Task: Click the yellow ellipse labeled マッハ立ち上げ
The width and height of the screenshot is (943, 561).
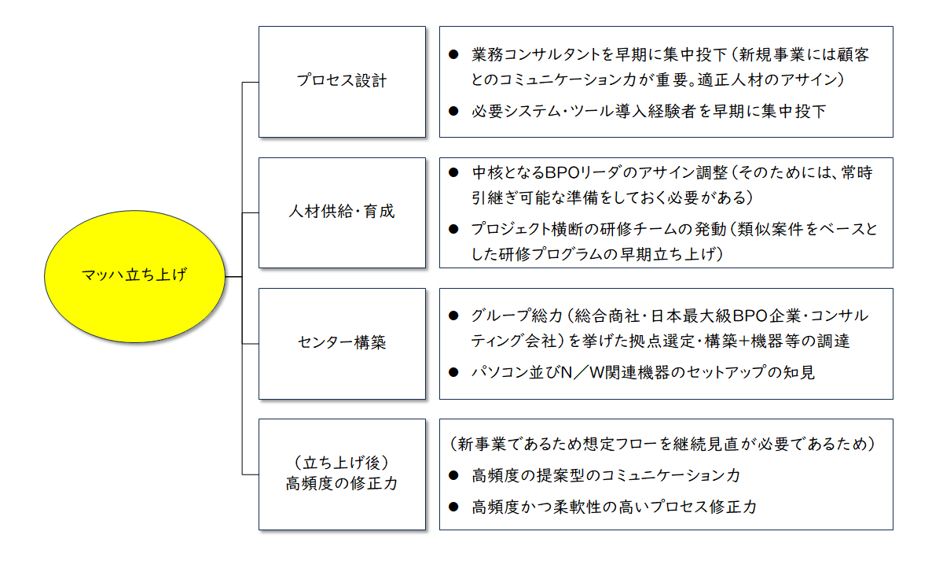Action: point(134,276)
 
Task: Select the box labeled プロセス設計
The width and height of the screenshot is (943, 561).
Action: point(342,82)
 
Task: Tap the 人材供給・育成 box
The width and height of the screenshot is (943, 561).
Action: point(342,213)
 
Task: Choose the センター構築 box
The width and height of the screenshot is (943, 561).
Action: point(342,344)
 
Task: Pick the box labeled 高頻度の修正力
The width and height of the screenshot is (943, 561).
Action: point(342,474)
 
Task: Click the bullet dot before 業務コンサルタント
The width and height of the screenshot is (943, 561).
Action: point(453,54)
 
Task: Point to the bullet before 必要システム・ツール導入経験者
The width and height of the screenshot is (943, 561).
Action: point(453,111)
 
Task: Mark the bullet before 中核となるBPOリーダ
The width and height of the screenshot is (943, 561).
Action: point(453,172)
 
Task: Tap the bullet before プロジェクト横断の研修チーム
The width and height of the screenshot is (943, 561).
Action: point(453,229)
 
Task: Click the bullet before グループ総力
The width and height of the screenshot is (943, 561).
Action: point(453,316)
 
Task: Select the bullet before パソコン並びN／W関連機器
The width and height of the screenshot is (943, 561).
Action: point(453,372)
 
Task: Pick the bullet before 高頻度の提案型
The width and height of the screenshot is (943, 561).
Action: point(453,475)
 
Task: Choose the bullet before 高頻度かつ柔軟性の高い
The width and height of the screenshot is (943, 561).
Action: point(453,507)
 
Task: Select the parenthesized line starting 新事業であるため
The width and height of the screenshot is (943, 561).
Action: point(662,445)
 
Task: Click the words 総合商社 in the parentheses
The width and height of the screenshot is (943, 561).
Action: point(607,316)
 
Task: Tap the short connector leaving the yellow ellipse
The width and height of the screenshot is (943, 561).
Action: point(233,276)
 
